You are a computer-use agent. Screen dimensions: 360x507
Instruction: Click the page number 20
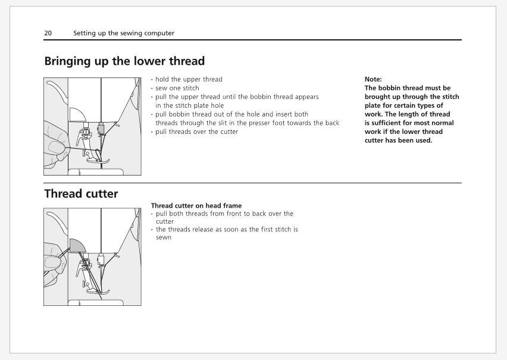tap(48, 33)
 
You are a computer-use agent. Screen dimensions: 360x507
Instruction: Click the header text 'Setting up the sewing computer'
tap(124, 33)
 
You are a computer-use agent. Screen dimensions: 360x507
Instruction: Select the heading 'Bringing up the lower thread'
tap(124, 61)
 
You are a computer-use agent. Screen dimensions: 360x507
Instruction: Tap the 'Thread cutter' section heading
tap(81, 194)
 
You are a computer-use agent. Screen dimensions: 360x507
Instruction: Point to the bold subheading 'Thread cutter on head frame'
tap(196, 206)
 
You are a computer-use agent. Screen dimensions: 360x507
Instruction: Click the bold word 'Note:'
tap(373, 79)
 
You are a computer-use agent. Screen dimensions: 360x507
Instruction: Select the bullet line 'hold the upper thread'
tap(189, 79)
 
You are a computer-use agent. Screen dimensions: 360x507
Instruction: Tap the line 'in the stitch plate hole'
tap(189, 105)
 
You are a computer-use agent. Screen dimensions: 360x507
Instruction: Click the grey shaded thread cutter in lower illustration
tap(76, 245)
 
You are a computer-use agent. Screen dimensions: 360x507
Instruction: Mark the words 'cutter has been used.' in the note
tap(398, 140)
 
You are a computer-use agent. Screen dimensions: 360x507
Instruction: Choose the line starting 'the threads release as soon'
tap(227, 229)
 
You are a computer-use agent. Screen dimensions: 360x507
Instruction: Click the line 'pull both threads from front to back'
tap(224, 214)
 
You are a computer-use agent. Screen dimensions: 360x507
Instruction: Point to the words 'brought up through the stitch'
tap(412, 96)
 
